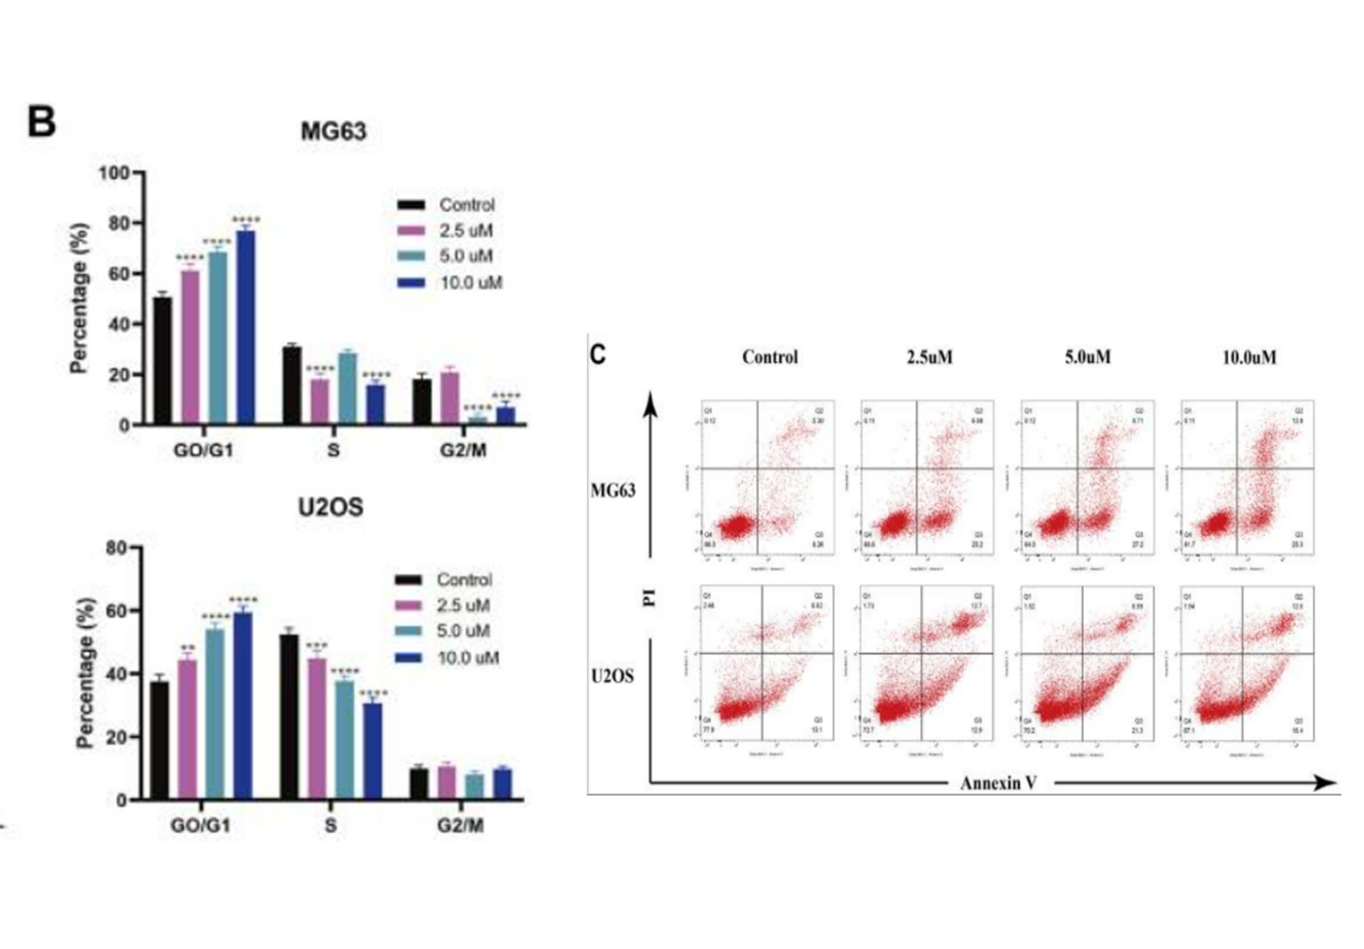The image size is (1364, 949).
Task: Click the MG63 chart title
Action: point(333,131)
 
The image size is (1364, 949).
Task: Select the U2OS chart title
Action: point(331,507)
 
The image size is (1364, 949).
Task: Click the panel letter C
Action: point(598,355)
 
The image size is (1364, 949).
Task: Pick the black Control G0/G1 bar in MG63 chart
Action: point(162,361)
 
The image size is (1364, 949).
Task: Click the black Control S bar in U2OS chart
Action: point(289,717)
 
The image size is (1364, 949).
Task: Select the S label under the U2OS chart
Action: point(331,825)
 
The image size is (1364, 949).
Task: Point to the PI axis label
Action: point(651,599)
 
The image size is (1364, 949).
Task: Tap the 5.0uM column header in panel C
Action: point(1087,356)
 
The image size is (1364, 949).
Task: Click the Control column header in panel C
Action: point(770,356)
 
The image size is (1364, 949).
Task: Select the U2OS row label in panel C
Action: point(613,676)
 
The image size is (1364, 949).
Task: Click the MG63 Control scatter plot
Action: point(767,477)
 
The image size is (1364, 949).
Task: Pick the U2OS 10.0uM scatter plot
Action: point(1247,663)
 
